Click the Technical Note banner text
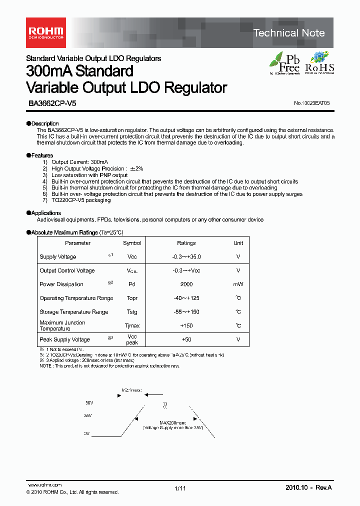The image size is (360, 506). [x=289, y=33]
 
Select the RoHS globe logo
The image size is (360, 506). [x=319, y=62]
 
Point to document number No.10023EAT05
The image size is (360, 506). [x=312, y=103]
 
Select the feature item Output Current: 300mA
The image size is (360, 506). [x=79, y=162]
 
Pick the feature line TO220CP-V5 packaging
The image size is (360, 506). [x=81, y=200]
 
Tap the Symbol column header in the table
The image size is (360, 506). [x=132, y=243]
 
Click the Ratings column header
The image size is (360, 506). [x=186, y=243]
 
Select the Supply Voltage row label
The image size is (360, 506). [x=58, y=257]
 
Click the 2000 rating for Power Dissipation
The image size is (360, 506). [x=186, y=284]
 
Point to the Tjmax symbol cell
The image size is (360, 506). [x=132, y=326]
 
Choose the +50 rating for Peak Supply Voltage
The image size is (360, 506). [x=186, y=339]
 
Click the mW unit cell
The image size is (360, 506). [x=238, y=284]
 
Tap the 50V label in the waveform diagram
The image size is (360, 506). [x=89, y=402]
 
